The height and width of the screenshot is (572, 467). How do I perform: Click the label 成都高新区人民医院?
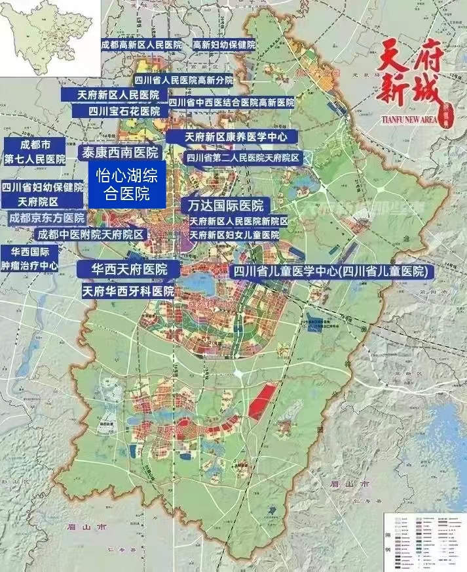tap(141, 45)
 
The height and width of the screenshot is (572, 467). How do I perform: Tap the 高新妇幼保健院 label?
tap(224, 45)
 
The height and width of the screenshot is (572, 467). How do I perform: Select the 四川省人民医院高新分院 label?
tap(183, 79)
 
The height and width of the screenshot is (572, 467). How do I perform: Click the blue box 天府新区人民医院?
tap(118, 95)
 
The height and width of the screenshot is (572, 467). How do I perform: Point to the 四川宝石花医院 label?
tap(124, 112)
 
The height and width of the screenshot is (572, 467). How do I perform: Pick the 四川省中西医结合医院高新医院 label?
tap(231, 102)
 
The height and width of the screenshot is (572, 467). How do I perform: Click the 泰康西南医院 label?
tap(119, 153)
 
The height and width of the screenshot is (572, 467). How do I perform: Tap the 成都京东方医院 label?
tap(47, 218)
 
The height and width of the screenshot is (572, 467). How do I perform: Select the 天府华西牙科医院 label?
tap(128, 291)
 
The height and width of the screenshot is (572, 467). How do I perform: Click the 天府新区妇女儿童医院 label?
tap(234, 234)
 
